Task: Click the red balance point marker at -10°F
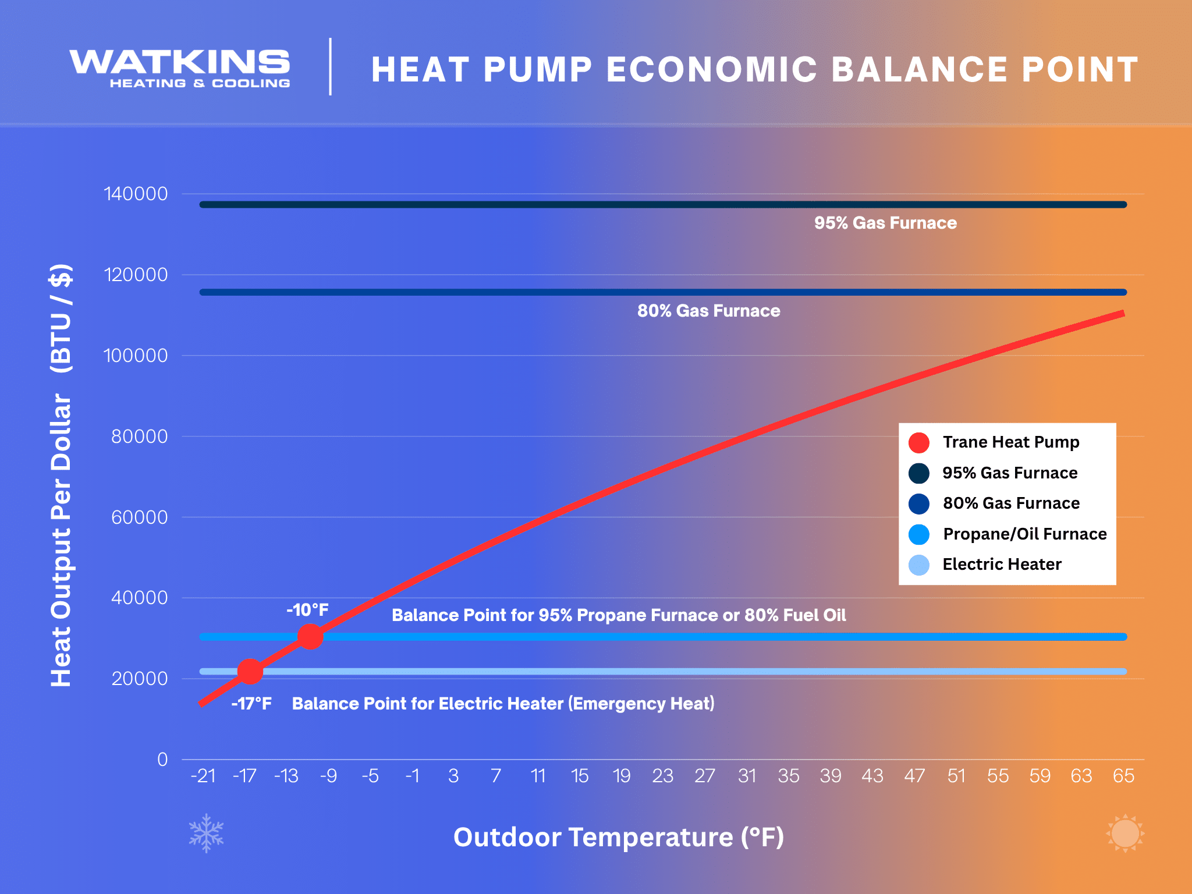tap(310, 637)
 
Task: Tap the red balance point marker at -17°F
tap(250, 672)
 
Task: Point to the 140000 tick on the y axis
tap(136, 194)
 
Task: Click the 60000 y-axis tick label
tap(139, 517)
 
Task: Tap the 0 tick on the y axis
tap(162, 760)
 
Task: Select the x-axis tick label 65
tap(1123, 776)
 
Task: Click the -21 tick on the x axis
tap(203, 776)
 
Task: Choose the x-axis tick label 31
tap(747, 776)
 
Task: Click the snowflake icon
tap(206, 833)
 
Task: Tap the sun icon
tap(1124, 833)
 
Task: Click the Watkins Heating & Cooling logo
tap(180, 69)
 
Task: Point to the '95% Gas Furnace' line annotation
tap(885, 223)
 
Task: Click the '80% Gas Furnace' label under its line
tap(708, 311)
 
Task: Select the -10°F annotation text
tap(307, 610)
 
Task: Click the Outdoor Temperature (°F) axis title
tap(619, 837)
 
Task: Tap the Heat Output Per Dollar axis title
tap(62, 474)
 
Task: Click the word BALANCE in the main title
tap(920, 70)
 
